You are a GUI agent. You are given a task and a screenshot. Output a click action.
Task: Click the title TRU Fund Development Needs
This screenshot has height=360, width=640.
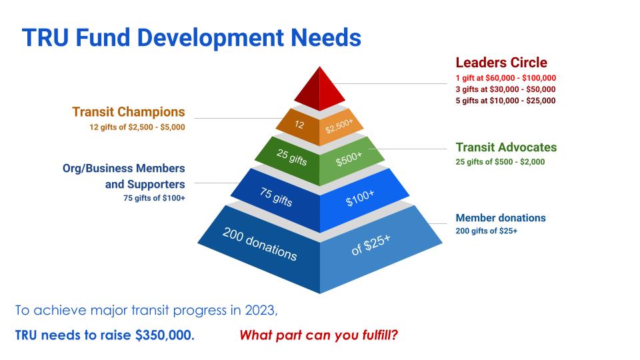191,38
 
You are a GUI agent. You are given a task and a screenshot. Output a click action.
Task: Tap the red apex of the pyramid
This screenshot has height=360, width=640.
319,89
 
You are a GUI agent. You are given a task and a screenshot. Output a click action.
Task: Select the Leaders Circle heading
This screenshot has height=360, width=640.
501,63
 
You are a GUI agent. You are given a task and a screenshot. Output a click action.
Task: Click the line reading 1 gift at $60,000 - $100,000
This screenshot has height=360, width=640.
506,78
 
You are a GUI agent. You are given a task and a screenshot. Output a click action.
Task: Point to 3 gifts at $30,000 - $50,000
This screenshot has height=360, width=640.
505,89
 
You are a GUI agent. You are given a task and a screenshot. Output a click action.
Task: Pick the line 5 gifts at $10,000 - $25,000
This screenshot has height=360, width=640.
505,101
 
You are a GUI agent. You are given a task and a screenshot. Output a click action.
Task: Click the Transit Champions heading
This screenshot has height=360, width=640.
129,112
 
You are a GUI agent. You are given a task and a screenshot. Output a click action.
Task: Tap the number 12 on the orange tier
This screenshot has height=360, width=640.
299,125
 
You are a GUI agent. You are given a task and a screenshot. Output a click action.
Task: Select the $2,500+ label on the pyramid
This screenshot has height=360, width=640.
339,126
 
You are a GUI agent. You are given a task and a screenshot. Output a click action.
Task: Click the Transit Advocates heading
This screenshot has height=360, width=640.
506,147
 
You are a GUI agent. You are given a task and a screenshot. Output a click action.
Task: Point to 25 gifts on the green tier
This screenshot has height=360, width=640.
291,157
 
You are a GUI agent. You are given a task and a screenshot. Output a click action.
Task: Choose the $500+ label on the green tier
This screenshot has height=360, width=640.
349,159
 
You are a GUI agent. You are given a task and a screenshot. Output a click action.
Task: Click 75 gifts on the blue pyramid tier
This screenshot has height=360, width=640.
276,197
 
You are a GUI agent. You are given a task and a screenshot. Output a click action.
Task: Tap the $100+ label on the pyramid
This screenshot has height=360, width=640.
359,198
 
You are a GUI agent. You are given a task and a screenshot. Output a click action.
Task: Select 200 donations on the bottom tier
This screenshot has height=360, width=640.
259,244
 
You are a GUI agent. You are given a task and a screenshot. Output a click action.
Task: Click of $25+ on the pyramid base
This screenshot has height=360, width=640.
371,245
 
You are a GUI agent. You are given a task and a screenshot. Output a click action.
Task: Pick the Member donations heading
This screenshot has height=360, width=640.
501,218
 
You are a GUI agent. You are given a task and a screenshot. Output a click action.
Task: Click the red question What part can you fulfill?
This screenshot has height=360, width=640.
319,335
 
